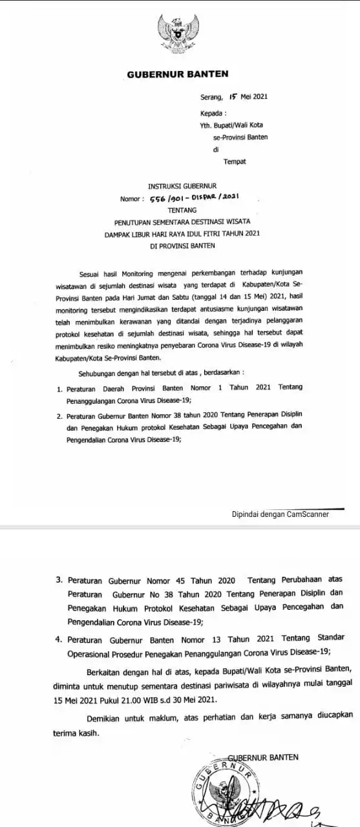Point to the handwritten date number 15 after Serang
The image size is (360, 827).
pos(233,97)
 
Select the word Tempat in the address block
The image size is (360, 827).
pos(235,161)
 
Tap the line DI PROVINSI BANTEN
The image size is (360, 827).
pos(181,246)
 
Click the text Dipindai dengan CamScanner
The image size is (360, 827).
pos(281,514)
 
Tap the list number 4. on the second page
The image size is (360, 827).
pos(59,638)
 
